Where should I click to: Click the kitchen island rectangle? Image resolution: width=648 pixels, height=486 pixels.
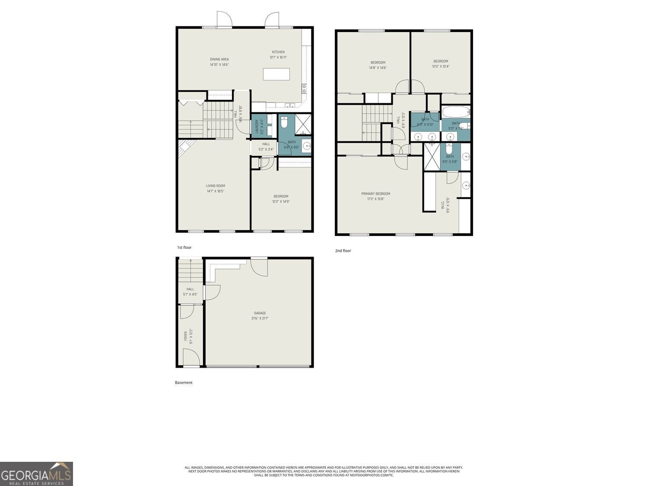276,74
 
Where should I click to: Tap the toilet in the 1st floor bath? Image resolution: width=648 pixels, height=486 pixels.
284,124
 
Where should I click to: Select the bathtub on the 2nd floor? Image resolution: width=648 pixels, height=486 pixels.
455,112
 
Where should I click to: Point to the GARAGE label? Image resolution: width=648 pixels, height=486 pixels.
260,313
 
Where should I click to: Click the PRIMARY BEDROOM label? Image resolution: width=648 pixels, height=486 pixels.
375,194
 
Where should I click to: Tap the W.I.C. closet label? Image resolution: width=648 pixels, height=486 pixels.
443,203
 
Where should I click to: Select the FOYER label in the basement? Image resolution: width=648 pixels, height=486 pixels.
186,336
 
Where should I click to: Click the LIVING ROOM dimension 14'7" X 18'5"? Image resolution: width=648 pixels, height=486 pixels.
215,191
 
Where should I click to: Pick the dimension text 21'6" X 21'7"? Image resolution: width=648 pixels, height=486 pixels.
260,318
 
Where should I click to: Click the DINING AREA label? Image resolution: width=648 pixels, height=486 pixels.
219,59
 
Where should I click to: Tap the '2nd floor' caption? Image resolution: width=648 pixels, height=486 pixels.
343,251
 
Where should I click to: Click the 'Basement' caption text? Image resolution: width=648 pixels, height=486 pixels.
184,382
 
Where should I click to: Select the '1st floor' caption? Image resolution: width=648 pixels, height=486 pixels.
184,248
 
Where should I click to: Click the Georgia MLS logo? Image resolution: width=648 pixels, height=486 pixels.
36,474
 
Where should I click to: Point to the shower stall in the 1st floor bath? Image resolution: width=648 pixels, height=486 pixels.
304,124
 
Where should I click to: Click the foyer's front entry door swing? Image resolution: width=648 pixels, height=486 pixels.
191,358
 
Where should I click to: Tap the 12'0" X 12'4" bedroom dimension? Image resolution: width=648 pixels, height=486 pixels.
441,67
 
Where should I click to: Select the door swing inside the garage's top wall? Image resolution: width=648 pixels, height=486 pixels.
259,267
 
